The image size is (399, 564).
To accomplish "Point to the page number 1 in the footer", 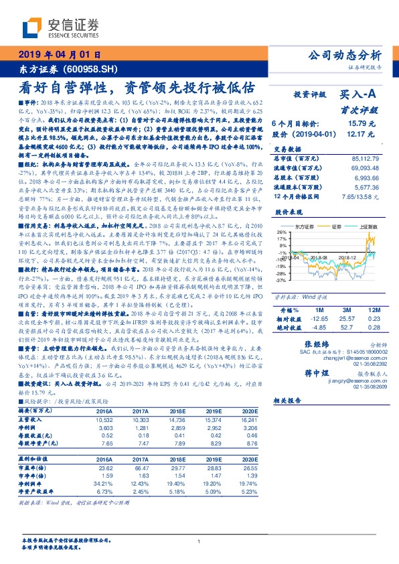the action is tap(199, 542).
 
